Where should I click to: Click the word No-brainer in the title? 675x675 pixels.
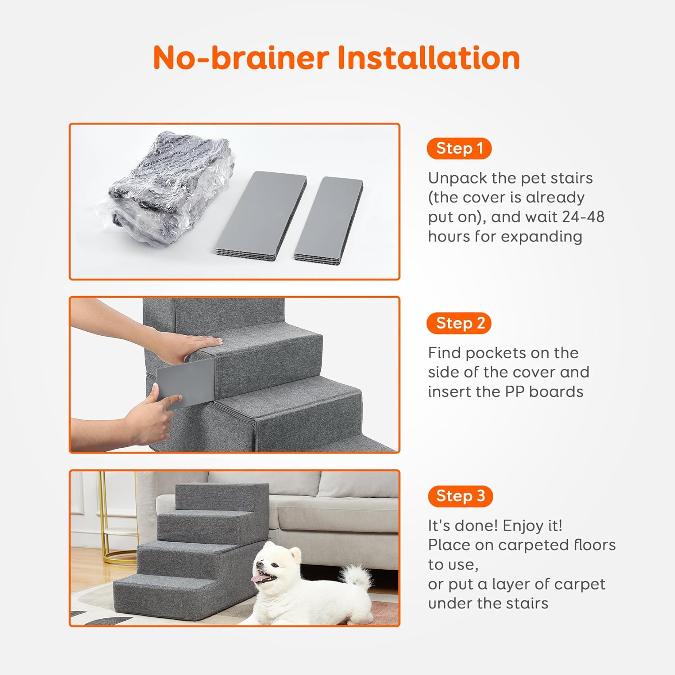[x=242, y=58]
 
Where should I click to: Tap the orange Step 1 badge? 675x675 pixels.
[x=459, y=148]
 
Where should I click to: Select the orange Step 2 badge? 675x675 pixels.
[x=459, y=323]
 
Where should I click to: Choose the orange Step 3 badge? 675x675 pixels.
[x=460, y=496]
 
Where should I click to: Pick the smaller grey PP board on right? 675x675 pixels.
[x=329, y=218]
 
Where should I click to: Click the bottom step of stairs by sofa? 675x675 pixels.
[x=180, y=594]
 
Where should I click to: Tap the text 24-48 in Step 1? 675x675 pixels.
[x=583, y=217]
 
